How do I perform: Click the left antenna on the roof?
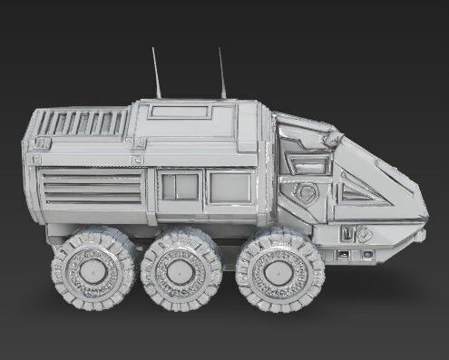point(156,74)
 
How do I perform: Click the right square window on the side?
point(229,187)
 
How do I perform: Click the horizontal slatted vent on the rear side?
point(91,187)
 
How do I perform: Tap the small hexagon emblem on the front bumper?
point(364,232)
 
